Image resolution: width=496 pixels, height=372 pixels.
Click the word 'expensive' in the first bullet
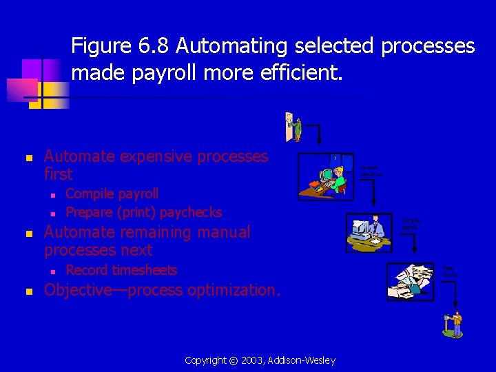click(153, 156)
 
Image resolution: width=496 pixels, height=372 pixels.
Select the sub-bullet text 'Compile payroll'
click(112, 194)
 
